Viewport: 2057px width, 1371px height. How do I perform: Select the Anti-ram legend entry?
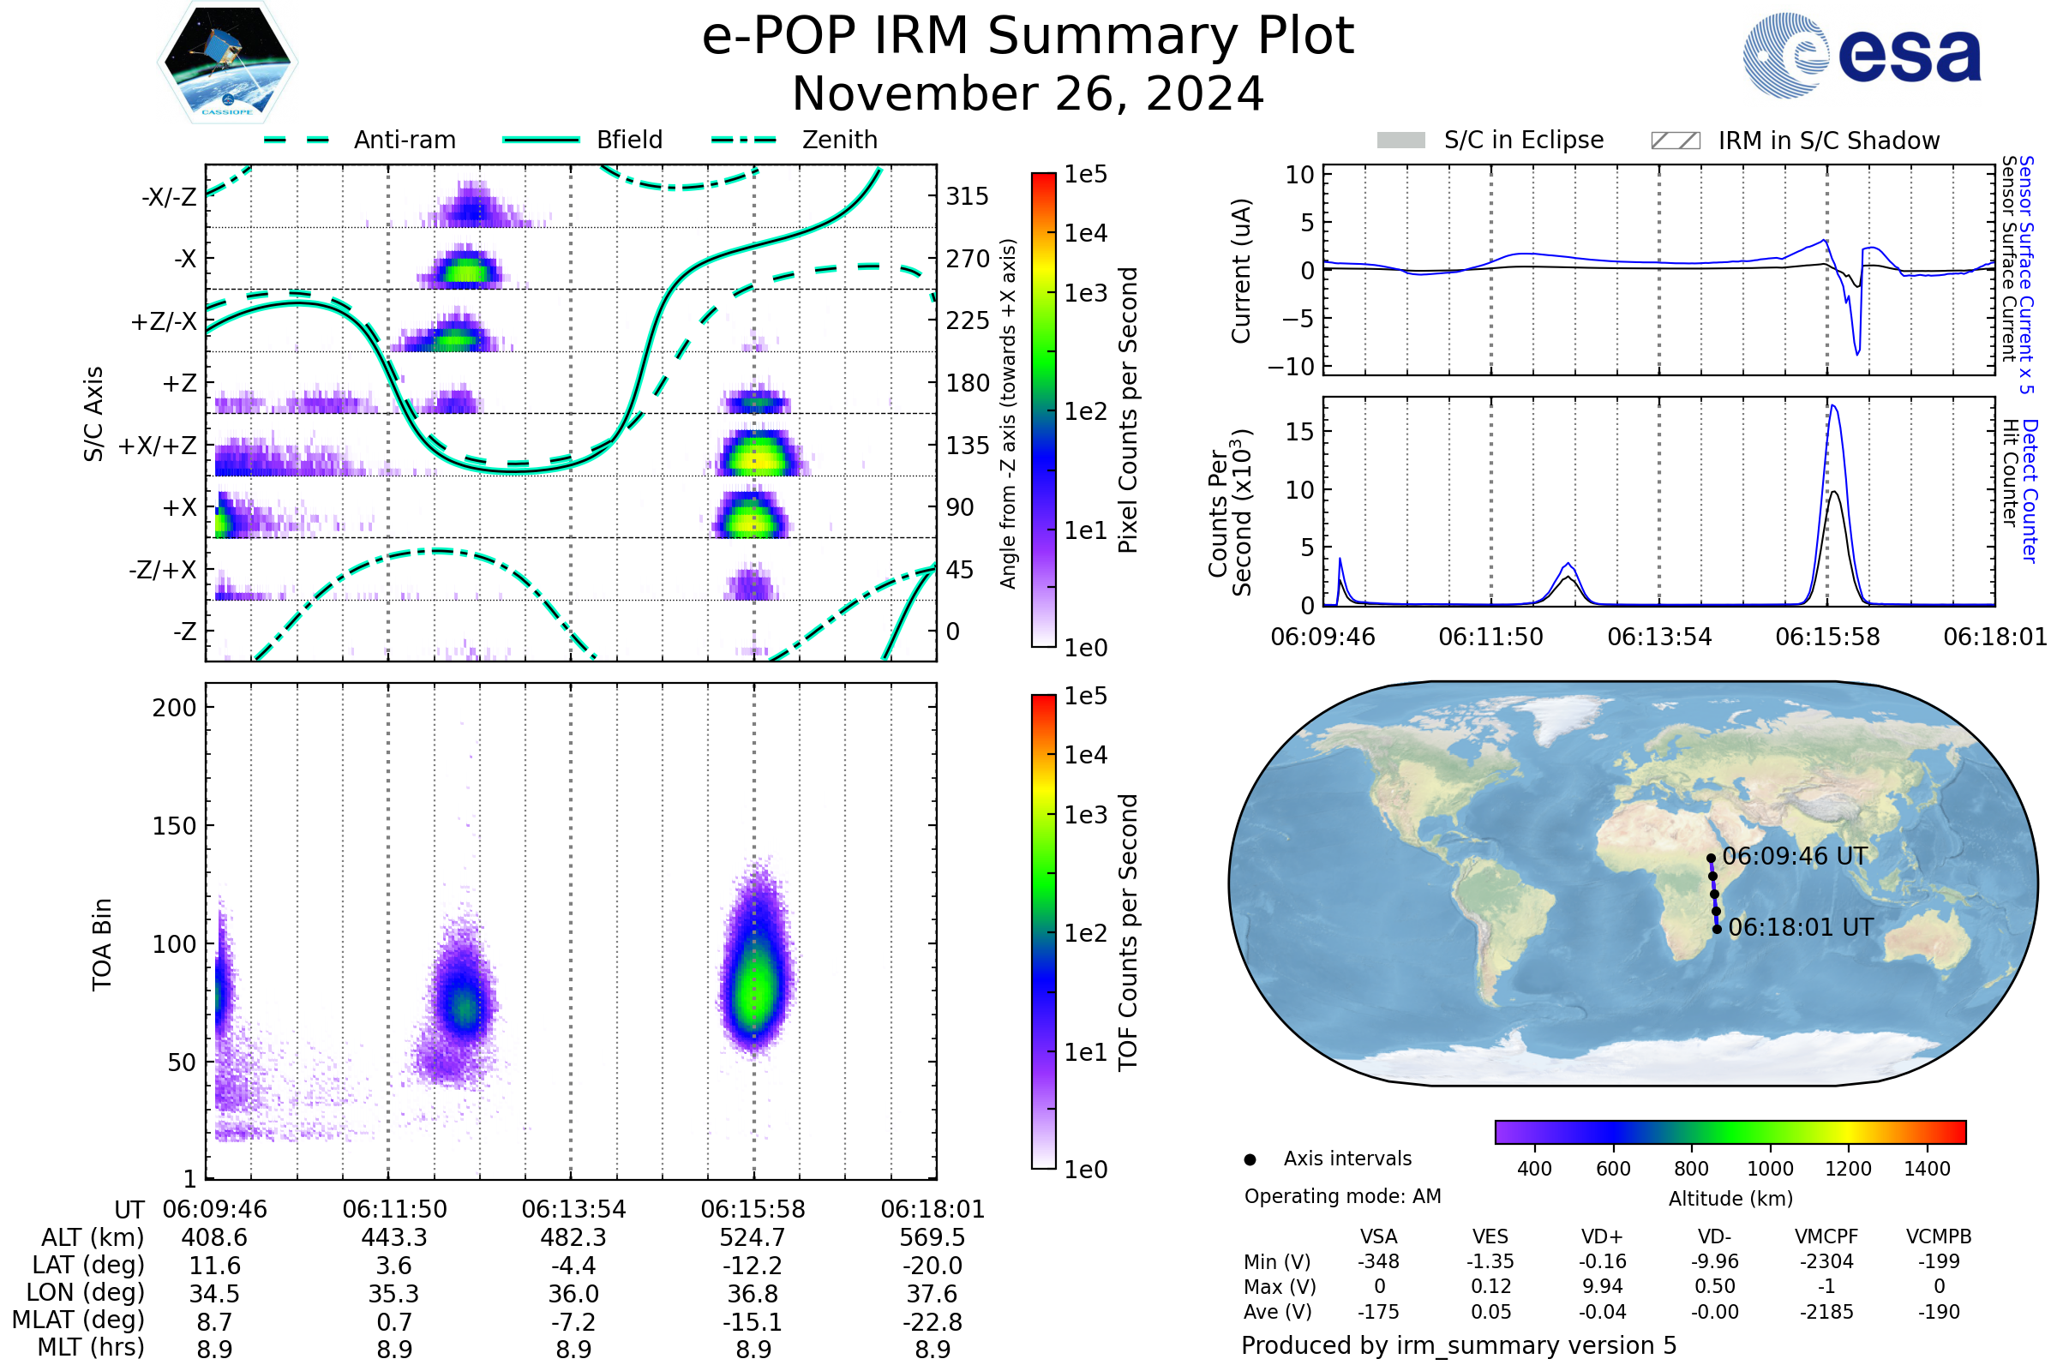tap(404, 140)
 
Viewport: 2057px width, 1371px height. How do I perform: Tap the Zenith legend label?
tap(840, 140)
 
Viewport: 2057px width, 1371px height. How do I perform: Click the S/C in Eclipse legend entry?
tap(1523, 140)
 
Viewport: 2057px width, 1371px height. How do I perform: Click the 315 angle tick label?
tap(968, 197)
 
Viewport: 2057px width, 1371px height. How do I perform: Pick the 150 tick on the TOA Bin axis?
tap(174, 826)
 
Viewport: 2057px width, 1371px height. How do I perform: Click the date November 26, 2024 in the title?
tap(1028, 94)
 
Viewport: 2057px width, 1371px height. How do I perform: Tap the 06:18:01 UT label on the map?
tap(1801, 928)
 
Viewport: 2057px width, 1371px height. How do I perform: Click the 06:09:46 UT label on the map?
tap(1795, 856)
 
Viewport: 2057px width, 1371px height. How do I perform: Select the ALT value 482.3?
tap(573, 1238)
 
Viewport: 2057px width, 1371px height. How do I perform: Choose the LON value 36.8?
tap(753, 1294)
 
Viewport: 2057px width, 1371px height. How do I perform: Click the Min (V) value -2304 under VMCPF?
tap(1826, 1261)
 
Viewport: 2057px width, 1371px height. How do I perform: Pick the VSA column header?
tap(1378, 1237)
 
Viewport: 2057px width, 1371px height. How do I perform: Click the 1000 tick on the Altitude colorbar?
tap(1769, 1169)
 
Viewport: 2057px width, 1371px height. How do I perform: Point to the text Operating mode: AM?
tap(1342, 1196)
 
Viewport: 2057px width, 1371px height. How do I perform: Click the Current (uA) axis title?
tap(1241, 271)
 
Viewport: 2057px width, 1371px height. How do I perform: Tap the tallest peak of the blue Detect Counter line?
tap(1832, 405)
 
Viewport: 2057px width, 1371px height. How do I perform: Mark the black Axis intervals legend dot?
tap(1250, 1159)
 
